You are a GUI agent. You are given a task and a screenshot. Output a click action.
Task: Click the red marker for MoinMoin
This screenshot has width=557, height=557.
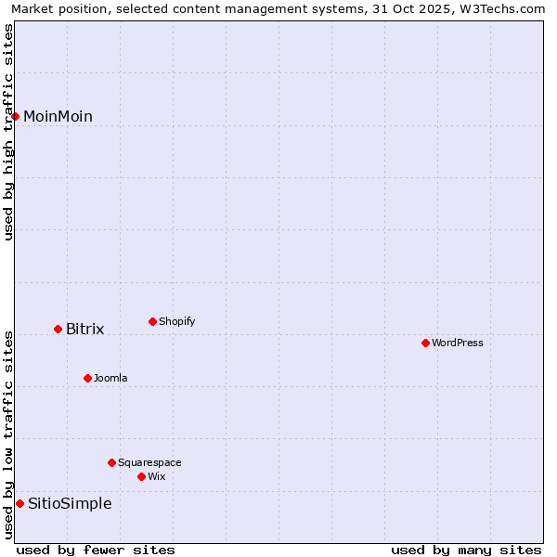point(16,116)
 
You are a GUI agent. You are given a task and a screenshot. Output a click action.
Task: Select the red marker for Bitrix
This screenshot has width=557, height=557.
point(58,329)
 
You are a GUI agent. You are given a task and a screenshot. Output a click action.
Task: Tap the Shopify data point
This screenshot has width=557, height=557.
point(152,321)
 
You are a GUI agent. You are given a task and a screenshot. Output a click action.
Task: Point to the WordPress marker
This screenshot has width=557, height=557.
point(425,343)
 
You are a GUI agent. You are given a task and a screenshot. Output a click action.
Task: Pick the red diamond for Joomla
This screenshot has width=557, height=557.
point(87,378)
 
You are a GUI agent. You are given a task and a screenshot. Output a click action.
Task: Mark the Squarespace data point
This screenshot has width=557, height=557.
point(111,462)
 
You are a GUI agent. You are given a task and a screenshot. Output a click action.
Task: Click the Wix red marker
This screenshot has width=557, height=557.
point(141,476)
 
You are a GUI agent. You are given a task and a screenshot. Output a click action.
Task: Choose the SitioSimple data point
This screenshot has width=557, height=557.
point(19,503)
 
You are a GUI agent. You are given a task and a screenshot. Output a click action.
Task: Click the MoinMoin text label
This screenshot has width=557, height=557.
point(58,117)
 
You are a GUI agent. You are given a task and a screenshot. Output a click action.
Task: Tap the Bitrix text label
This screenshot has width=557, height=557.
point(84,330)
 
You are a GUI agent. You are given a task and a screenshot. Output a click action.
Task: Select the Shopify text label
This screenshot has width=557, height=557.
point(176,322)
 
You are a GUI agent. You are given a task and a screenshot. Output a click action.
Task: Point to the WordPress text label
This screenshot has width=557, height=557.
point(457,343)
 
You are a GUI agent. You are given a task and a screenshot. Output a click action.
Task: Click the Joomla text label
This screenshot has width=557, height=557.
point(110,379)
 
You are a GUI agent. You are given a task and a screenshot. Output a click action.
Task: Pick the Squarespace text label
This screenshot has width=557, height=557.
point(149,463)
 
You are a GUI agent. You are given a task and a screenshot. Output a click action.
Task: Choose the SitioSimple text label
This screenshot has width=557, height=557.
point(70,504)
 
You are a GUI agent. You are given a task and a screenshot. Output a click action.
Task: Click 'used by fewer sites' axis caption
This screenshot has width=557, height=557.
point(96,550)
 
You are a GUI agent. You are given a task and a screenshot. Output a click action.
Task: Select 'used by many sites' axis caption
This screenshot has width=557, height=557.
point(466,550)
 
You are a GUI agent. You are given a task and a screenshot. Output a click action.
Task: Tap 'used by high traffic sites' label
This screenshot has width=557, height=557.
point(9,132)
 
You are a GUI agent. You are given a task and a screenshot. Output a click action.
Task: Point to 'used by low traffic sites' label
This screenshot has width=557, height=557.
point(9,434)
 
